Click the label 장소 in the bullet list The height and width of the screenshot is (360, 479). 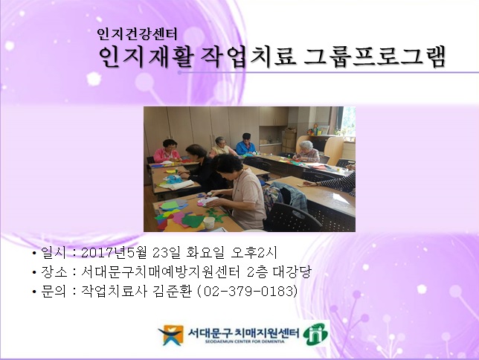(x=53, y=272)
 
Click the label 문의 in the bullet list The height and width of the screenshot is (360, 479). (x=53, y=291)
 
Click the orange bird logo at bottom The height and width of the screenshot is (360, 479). (x=171, y=334)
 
